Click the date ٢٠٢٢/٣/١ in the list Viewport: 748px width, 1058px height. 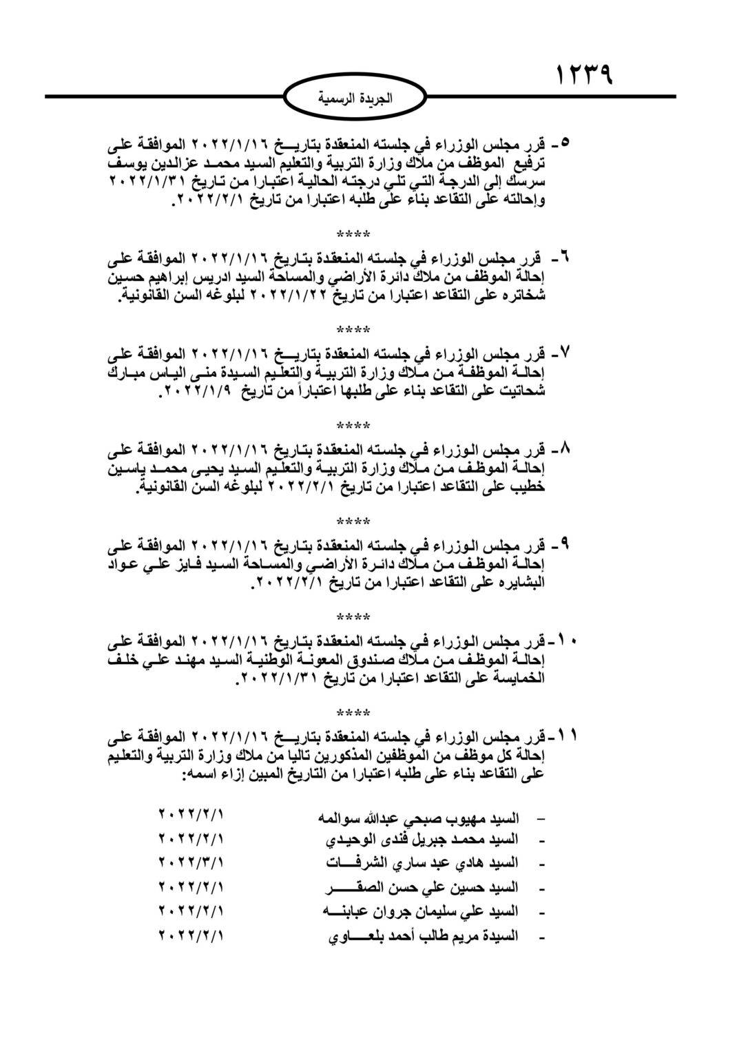[191, 862]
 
